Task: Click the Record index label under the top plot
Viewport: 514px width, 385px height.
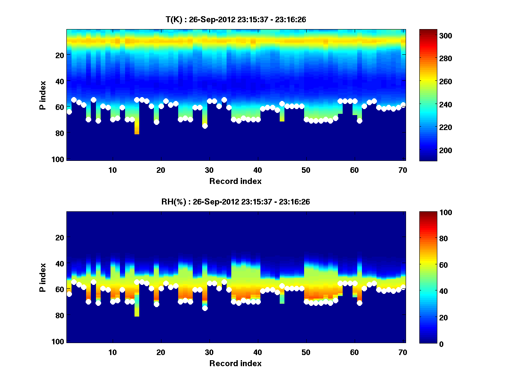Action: point(235,181)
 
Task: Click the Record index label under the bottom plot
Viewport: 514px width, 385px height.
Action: point(235,363)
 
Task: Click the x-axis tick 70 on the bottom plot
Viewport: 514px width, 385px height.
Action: point(403,352)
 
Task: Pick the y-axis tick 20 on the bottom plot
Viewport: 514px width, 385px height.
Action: point(60,237)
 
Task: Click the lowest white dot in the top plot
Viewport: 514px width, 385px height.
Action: point(205,126)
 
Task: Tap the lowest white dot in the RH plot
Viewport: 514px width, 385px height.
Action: point(205,308)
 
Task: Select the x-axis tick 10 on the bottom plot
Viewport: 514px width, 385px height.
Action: point(112,352)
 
